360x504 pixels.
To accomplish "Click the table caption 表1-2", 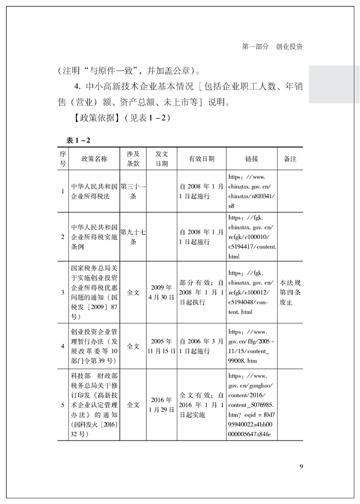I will [78, 141].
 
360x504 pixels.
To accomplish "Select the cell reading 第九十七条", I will [133, 237].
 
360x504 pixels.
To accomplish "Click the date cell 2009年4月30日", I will [162, 292].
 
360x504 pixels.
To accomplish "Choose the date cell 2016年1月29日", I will [162, 405].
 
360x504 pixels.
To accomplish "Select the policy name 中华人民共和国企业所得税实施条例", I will [94, 237].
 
